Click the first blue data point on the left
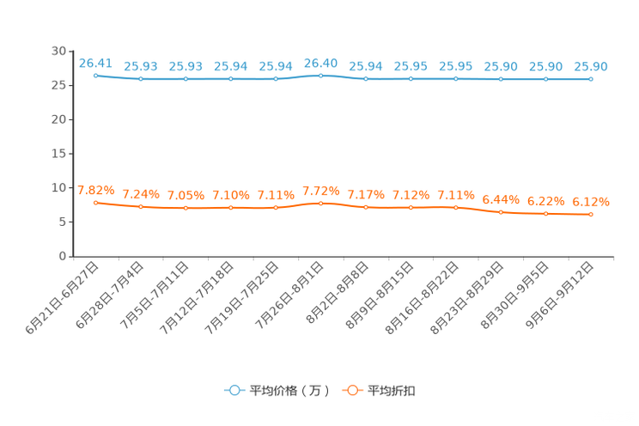coord(95,76)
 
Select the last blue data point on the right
coord(591,79)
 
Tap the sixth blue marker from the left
coord(320,76)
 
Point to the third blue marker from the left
coord(186,79)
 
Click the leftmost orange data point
coord(95,202)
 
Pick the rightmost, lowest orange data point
coord(591,215)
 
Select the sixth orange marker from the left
coord(320,203)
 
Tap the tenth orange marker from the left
coord(501,211)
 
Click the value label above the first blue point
coord(95,62)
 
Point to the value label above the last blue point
coord(591,66)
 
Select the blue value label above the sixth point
coord(320,62)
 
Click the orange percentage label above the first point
coord(95,189)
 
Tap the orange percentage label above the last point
coord(591,201)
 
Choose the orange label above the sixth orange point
coord(320,189)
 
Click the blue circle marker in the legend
coord(234,390)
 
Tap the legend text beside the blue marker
coord(289,391)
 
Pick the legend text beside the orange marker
coord(392,391)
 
